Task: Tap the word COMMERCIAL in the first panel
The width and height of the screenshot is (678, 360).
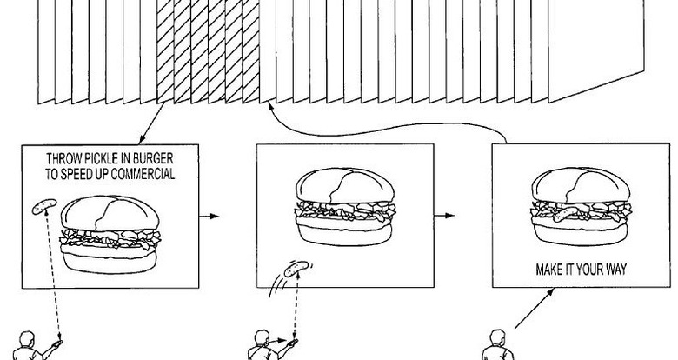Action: click(143, 174)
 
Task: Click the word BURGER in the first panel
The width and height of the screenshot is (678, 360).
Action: click(153, 158)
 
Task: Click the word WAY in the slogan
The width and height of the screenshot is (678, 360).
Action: click(615, 270)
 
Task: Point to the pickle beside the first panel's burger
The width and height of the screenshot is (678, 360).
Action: click(44, 206)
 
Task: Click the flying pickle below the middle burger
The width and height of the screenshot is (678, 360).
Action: click(296, 269)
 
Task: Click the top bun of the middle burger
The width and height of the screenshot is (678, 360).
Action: click(345, 185)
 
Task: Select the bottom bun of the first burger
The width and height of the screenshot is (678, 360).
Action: click(110, 262)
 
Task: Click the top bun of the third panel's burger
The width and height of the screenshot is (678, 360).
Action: click(581, 184)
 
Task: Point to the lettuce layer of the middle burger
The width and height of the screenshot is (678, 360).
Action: click(345, 210)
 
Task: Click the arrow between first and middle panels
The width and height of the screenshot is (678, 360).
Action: click(209, 216)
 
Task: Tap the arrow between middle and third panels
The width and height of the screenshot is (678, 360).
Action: click(444, 216)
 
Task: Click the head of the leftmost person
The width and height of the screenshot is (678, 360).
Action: click(27, 339)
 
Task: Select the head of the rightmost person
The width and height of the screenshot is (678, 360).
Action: click(498, 337)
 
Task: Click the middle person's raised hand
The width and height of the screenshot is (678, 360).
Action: click(293, 343)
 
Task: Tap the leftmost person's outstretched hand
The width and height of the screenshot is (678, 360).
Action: click(56, 344)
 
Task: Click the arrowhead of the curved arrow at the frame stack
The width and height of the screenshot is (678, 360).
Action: click(270, 105)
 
